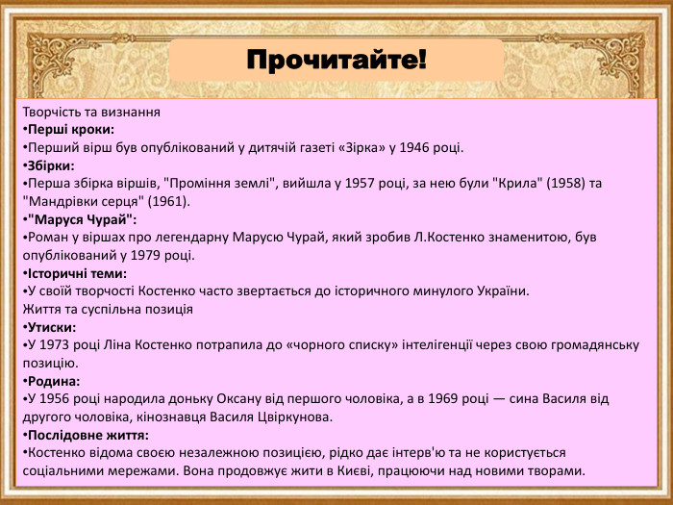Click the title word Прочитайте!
336,62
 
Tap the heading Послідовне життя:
86,435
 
